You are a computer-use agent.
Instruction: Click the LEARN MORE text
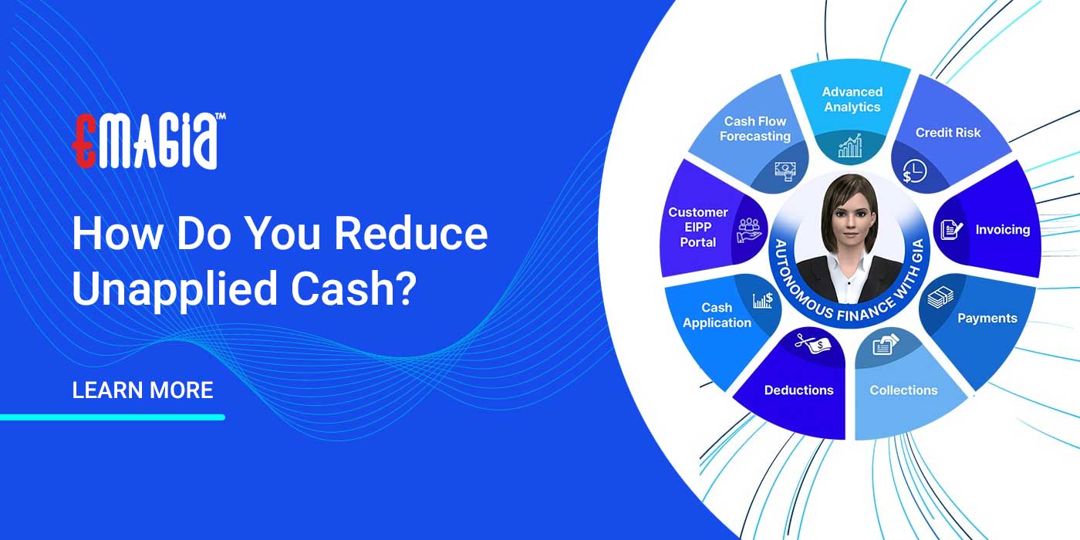(x=143, y=390)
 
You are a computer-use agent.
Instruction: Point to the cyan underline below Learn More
(x=113, y=417)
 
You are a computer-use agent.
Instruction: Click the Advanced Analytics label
(x=852, y=100)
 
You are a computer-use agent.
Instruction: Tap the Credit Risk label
(x=948, y=133)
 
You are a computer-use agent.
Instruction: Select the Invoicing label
(x=1002, y=230)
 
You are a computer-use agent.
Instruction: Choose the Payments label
(x=987, y=318)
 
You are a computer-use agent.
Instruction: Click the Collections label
(x=903, y=390)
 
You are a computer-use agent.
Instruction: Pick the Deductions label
(x=798, y=390)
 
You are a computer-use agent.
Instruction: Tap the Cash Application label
(x=717, y=316)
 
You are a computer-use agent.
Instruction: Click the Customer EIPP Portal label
(x=698, y=227)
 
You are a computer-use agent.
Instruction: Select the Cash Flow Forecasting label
(x=755, y=129)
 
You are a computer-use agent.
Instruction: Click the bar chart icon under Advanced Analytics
(x=850, y=147)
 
